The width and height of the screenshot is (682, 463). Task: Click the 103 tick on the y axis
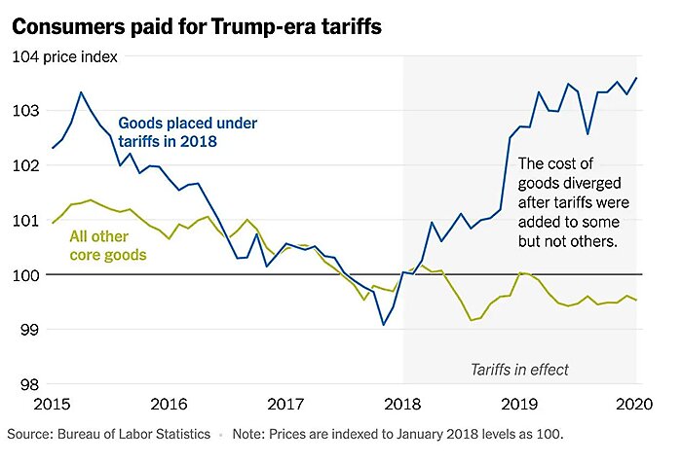26,111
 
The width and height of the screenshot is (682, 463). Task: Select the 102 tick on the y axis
26,165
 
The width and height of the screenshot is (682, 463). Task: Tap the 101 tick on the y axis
26,220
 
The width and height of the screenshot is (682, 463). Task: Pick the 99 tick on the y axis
30,330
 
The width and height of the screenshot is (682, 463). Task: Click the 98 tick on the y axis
30,384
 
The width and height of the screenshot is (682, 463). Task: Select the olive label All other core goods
107,245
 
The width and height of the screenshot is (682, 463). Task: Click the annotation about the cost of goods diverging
573,202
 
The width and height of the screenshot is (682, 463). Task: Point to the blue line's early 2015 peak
81,92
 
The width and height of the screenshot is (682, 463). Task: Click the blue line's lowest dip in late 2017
383,324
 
